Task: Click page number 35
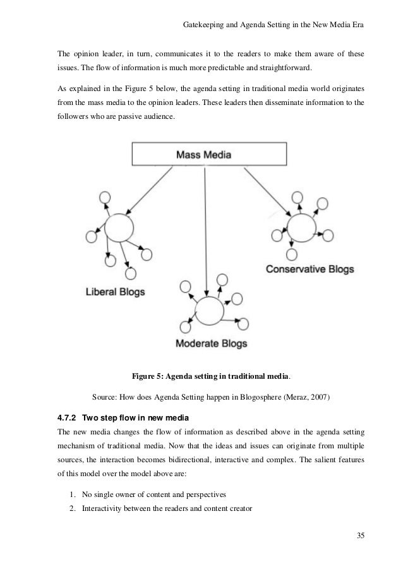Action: (x=360, y=537)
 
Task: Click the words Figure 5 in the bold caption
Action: (x=147, y=378)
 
